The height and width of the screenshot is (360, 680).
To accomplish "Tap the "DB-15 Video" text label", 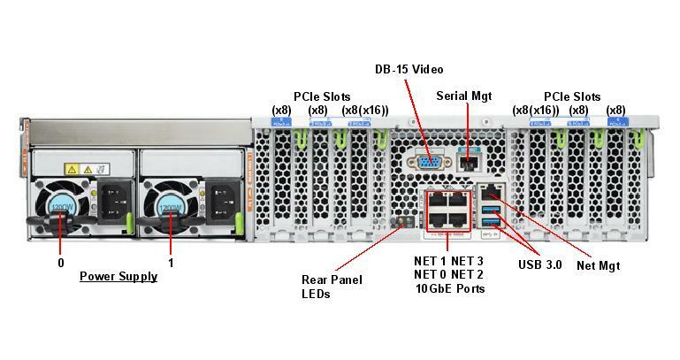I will [408, 69].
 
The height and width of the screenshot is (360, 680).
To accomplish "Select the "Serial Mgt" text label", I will [463, 96].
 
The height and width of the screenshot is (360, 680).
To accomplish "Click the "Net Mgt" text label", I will [598, 265].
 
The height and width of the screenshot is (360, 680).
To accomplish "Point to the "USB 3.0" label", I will [539, 264].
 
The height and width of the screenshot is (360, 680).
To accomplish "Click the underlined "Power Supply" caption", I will [118, 276].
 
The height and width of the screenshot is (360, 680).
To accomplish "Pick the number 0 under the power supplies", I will [61, 263].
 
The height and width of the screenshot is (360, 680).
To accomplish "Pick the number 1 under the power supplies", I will [171, 263].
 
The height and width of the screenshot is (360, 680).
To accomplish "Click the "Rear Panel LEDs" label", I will [332, 287].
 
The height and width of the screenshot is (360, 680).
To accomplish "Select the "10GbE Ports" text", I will [450, 288].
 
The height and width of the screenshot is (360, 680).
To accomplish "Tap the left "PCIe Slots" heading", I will [322, 96].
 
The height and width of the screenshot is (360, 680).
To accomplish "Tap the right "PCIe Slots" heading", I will [572, 96].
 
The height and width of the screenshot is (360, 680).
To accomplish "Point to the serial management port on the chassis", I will [471, 163].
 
